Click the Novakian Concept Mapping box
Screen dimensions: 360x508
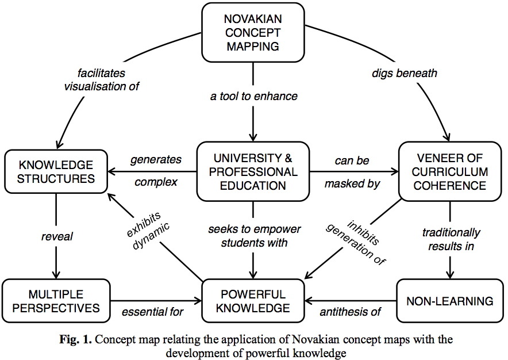tap(253, 29)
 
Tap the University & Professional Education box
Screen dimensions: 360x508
tap(253, 171)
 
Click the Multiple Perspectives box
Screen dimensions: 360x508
tap(56, 300)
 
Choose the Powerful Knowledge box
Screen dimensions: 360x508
tap(253, 300)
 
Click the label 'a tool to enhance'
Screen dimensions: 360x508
tap(253, 96)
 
